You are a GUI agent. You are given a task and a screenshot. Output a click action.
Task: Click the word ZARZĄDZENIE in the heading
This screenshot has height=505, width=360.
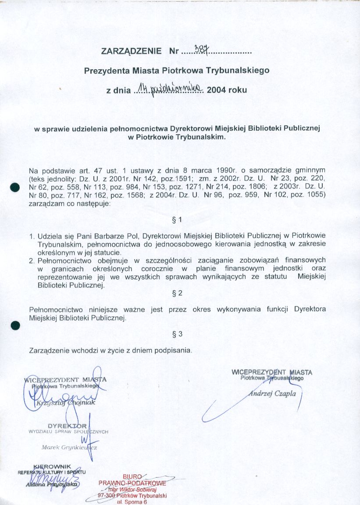[131, 51]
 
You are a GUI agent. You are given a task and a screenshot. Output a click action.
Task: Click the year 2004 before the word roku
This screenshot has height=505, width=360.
[216, 91]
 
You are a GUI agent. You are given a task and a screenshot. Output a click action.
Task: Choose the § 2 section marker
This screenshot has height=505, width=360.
[178, 292]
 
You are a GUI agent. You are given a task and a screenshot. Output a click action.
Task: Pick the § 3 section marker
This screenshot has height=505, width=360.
[178, 334]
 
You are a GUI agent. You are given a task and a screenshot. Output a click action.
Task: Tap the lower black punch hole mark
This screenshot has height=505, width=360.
[16, 325]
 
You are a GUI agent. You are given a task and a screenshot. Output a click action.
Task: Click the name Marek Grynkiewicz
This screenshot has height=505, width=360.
[69, 448]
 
